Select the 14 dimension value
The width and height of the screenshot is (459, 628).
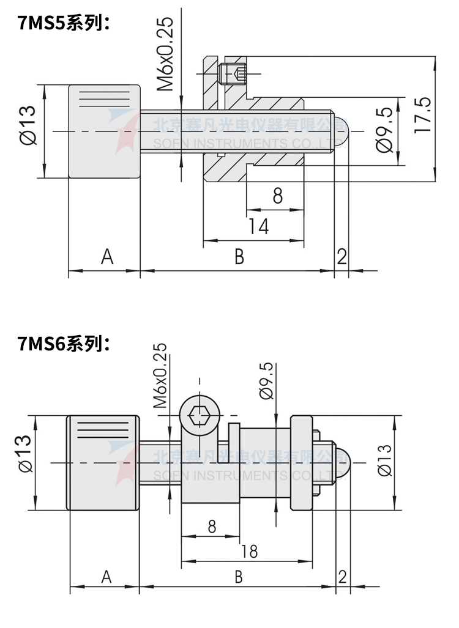point(259,227)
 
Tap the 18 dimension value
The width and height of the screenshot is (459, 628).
point(249,551)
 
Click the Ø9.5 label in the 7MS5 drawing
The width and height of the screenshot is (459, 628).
point(384,130)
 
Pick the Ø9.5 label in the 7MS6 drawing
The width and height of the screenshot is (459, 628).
point(266,381)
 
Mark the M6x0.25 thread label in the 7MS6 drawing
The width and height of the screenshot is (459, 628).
point(160,375)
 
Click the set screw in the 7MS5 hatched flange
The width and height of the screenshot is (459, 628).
point(233,74)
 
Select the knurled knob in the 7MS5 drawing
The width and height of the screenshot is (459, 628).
point(105,131)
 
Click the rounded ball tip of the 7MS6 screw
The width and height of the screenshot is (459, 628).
point(341,463)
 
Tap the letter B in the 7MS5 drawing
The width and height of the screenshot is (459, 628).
point(239,257)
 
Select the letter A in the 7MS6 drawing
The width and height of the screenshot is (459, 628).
point(106,577)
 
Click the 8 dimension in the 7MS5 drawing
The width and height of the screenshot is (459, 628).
point(277,196)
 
